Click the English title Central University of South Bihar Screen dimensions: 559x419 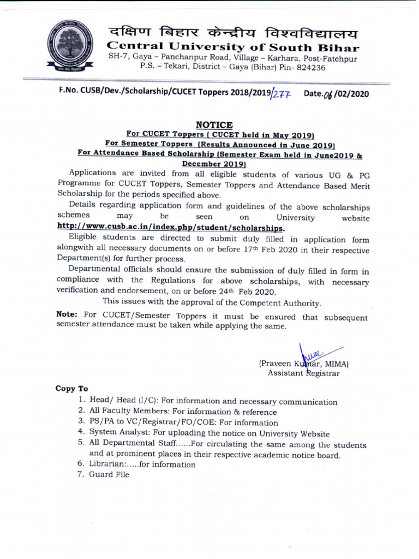(x=233, y=47)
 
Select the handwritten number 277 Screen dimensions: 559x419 (x=283, y=94)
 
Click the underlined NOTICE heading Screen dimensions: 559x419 (x=214, y=126)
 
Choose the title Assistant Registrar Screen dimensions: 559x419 (x=303, y=373)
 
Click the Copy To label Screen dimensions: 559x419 (x=71, y=389)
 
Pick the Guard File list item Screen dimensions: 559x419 (x=109, y=474)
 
